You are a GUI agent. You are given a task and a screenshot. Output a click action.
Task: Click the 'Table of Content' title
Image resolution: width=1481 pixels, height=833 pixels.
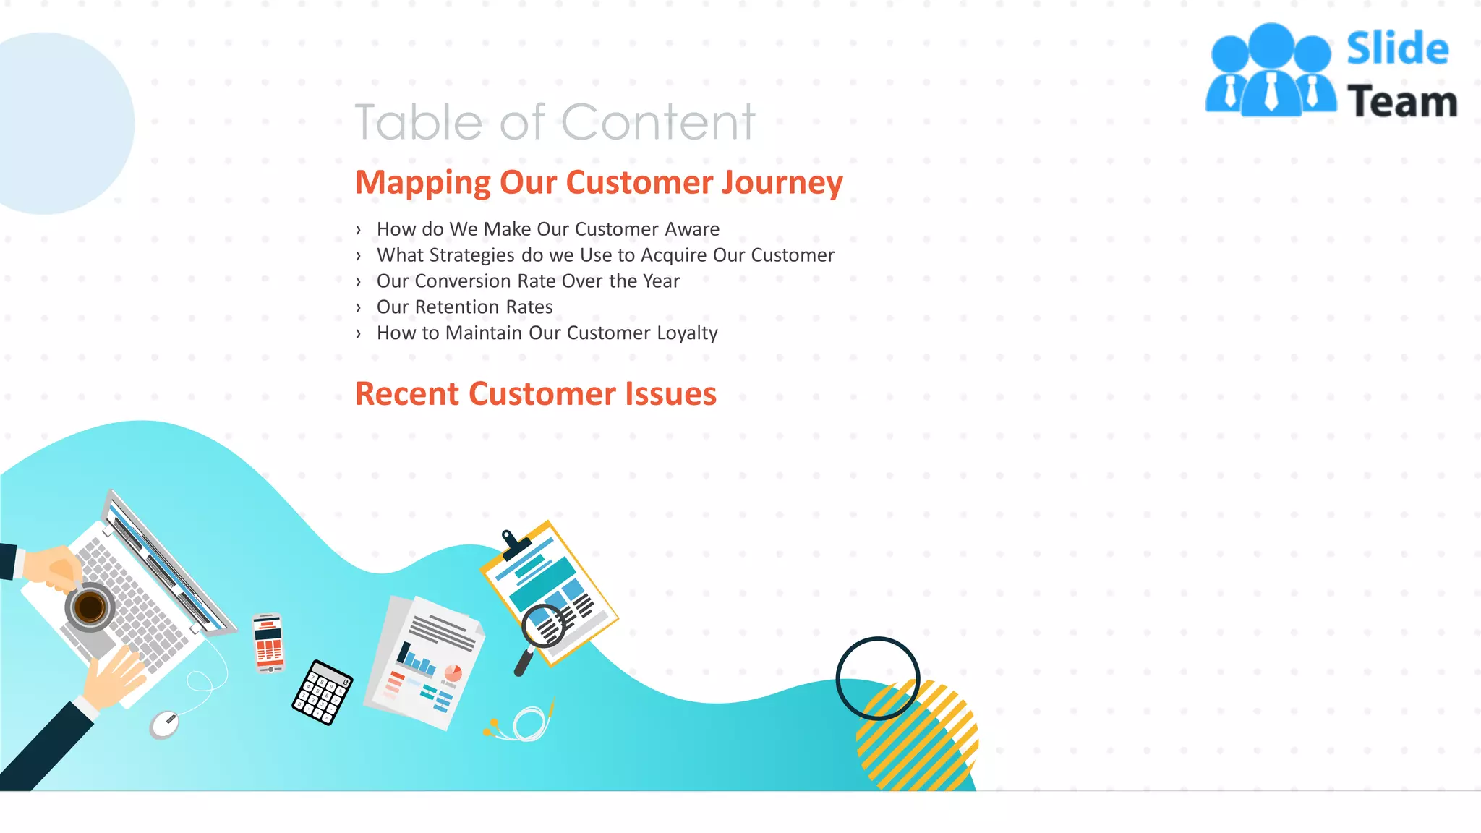tap(555, 121)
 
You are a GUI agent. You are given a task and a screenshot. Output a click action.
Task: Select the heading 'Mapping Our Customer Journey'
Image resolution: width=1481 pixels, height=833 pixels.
tap(599, 182)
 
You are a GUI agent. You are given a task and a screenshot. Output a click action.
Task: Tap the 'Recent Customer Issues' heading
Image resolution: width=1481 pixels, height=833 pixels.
tap(535, 394)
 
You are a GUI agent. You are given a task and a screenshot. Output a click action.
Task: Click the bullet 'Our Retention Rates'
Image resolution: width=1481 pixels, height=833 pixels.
tap(464, 307)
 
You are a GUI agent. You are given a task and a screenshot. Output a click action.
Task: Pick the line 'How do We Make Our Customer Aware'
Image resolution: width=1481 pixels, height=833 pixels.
tap(547, 229)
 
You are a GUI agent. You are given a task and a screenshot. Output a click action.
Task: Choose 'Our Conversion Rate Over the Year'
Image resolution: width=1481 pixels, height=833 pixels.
tap(528, 281)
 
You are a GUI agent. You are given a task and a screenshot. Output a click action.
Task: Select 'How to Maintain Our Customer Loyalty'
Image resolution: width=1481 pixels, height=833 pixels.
tap(547, 333)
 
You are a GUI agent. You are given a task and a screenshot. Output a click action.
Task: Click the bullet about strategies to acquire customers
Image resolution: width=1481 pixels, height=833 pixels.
tap(605, 255)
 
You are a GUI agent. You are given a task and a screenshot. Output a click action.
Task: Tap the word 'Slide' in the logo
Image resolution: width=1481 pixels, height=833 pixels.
tap(1397, 49)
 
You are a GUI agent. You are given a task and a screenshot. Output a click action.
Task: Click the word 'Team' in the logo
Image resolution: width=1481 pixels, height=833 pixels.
tap(1401, 102)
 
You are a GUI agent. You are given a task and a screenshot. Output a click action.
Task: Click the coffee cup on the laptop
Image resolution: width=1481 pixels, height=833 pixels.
tap(90, 607)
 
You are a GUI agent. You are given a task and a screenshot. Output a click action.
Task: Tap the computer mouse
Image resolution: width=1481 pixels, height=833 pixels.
tap(165, 724)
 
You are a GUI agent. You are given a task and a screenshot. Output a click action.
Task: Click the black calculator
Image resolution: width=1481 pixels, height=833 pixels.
tap(323, 692)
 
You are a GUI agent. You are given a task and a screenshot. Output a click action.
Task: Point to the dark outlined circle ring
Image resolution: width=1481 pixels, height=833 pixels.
tap(877, 678)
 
